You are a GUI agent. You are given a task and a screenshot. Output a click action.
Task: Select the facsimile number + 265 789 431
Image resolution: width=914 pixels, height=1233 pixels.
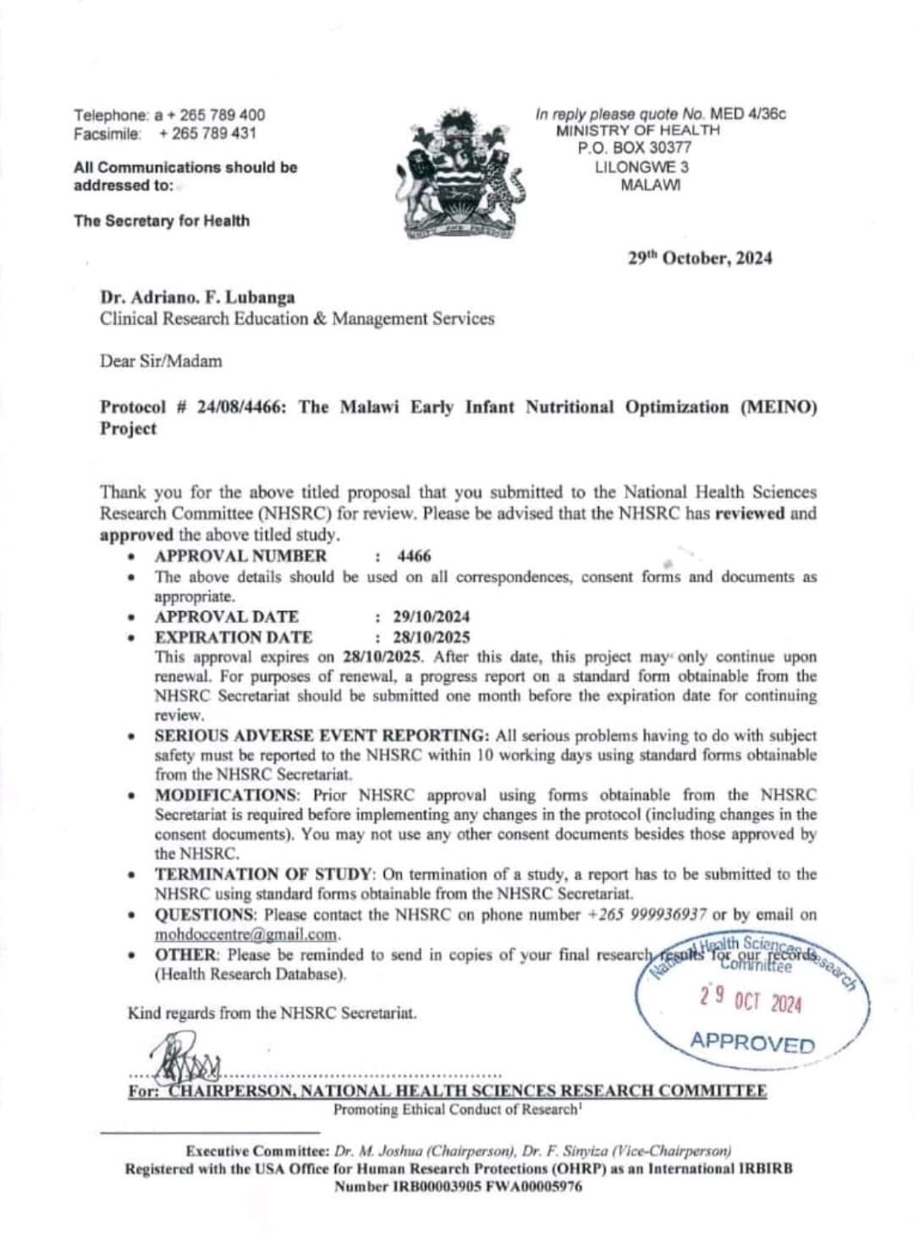tap(207, 134)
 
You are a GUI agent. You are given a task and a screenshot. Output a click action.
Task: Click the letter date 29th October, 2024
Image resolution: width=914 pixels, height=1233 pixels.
tap(700, 258)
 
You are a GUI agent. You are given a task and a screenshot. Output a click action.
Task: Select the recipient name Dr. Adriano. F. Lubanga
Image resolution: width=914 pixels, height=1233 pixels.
tap(197, 298)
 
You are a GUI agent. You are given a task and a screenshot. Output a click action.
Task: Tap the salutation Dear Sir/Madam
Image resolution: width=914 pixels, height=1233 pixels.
tap(161, 361)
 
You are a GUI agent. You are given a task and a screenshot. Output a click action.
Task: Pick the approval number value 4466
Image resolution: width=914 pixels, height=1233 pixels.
tap(414, 556)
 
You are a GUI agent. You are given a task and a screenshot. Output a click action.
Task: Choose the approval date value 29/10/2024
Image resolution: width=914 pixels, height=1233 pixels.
tap(431, 617)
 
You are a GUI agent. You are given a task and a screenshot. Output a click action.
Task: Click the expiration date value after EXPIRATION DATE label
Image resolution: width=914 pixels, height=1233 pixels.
tap(431, 637)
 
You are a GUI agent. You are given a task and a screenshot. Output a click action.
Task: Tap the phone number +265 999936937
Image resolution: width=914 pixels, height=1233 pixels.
tap(647, 915)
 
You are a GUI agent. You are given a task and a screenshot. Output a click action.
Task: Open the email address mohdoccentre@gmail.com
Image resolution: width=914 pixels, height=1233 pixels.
tap(246, 935)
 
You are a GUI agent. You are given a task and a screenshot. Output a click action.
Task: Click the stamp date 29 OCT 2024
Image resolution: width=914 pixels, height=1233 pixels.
tap(751, 999)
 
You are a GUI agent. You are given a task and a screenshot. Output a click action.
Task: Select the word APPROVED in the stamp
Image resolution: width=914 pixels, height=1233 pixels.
tap(752, 1043)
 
